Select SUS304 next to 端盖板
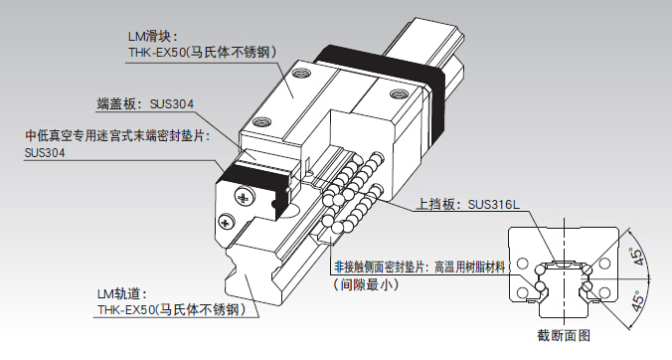[x=172, y=104]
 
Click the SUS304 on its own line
[x=45, y=153]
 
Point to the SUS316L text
[x=494, y=204]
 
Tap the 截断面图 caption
[x=564, y=335]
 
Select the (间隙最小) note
[x=366, y=284]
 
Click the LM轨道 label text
[x=122, y=294]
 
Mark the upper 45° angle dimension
[x=638, y=256]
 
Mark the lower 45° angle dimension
[x=638, y=301]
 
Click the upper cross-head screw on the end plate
[x=244, y=197]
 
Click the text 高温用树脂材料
[x=470, y=268]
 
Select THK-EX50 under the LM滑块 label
[x=156, y=53]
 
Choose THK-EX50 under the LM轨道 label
[x=125, y=310]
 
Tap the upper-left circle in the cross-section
[x=523, y=263]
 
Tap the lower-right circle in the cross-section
[x=604, y=292]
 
